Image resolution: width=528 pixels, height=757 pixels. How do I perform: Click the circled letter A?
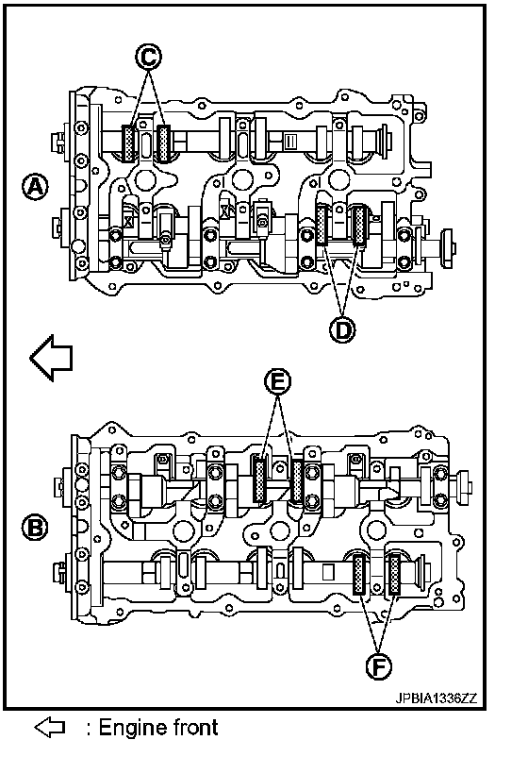(35, 187)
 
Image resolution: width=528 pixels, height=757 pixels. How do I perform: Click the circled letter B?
(35, 528)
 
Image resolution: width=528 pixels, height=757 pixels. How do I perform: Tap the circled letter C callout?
(148, 57)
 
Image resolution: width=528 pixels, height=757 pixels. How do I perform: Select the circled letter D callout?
(342, 330)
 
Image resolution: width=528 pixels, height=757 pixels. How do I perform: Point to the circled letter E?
(278, 382)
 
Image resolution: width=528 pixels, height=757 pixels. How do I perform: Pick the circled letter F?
(378, 667)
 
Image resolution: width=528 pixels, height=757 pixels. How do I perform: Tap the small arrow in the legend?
(50, 727)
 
